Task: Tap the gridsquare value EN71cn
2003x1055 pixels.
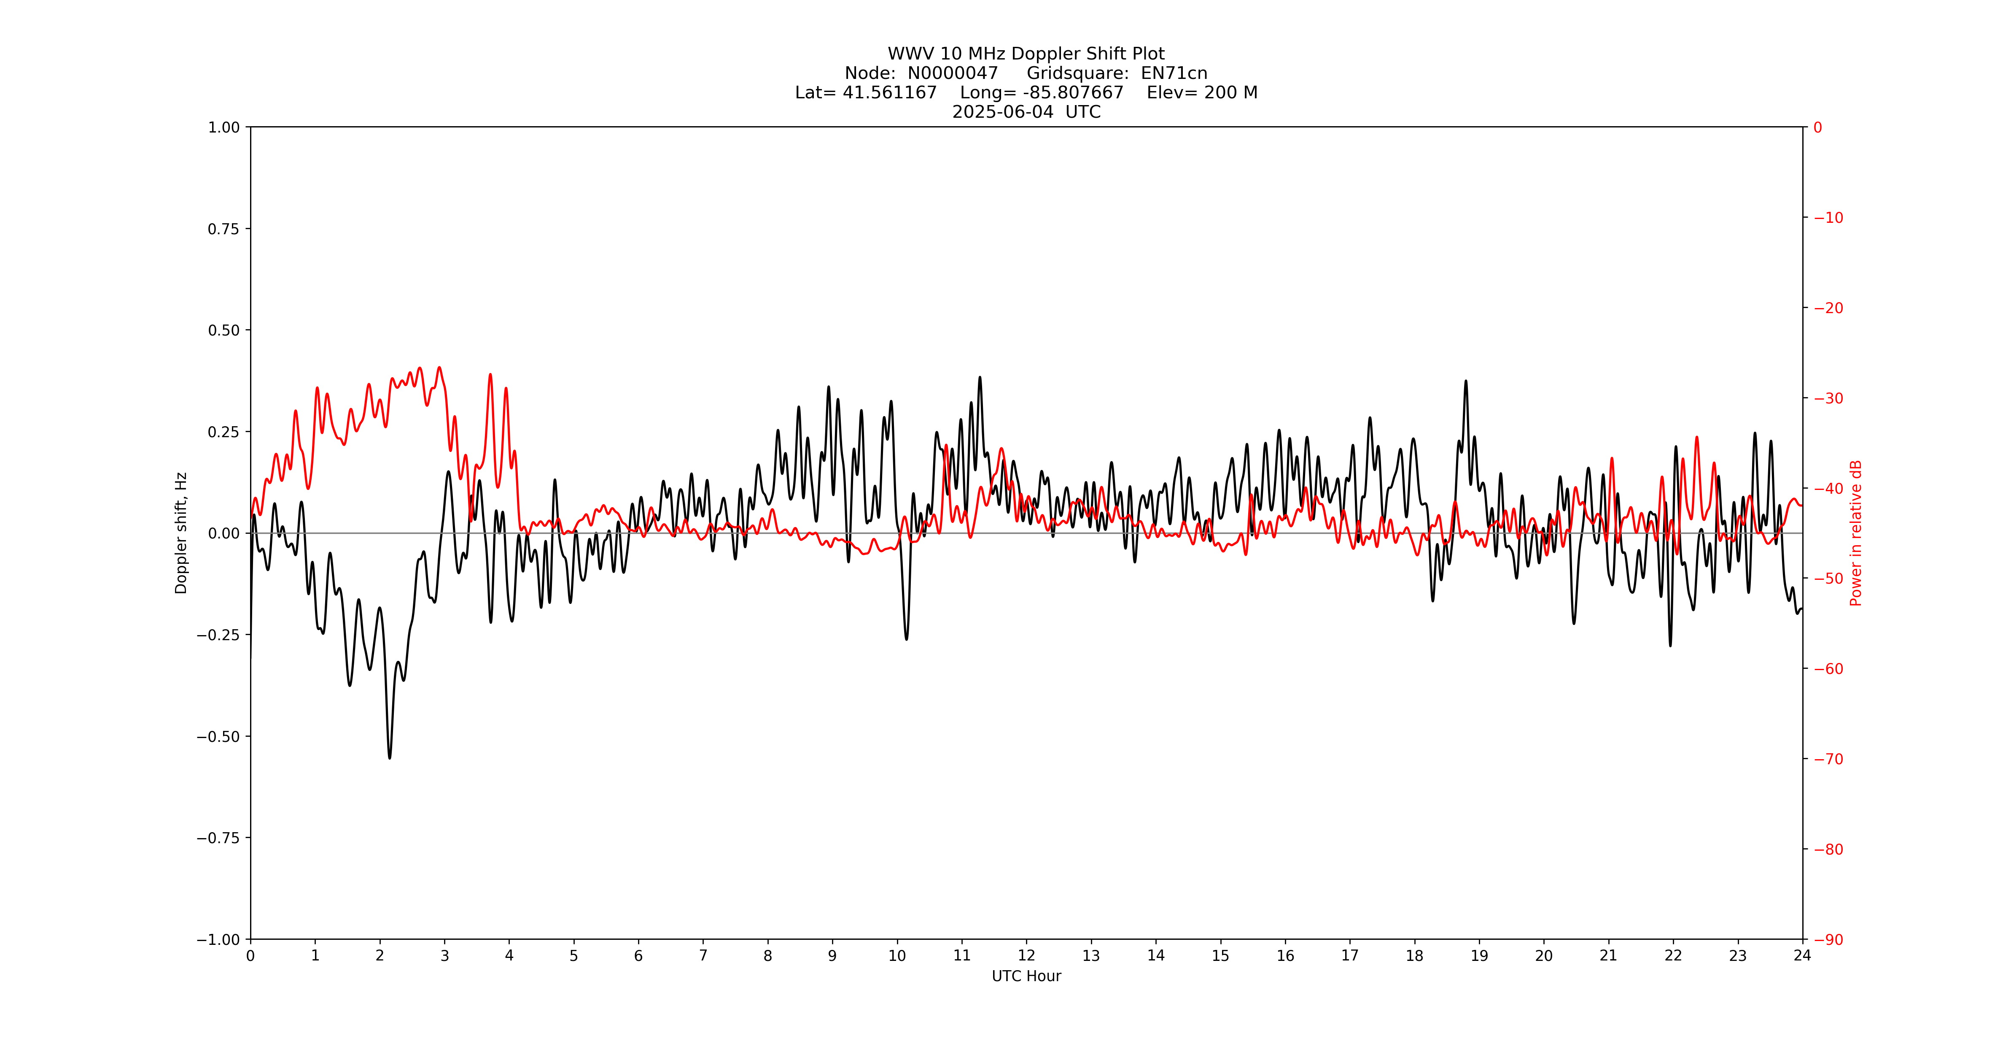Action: (1174, 73)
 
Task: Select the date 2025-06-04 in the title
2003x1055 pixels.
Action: (1003, 112)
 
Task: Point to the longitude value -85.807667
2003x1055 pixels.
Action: (1073, 92)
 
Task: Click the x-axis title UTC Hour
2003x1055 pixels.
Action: (1026, 977)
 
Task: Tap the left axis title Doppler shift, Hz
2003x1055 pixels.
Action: (181, 533)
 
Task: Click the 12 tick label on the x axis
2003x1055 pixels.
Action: (1026, 955)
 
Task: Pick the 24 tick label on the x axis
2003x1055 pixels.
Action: (1802, 955)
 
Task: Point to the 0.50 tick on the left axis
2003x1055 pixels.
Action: (224, 330)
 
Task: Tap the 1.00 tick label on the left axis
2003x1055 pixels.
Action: (224, 127)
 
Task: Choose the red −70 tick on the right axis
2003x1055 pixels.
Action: (1829, 759)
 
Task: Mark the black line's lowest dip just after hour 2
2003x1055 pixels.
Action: (390, 757)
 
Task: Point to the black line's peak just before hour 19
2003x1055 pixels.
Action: (1466, 381)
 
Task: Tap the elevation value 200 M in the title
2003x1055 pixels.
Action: (1230, 92)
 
